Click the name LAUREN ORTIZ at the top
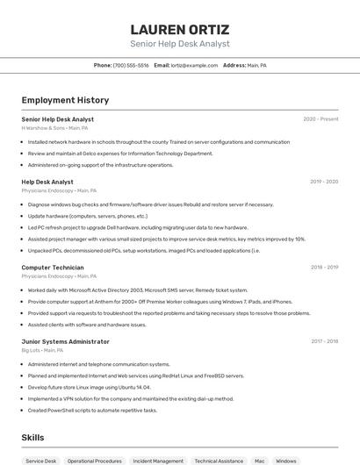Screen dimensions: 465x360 (179, 29)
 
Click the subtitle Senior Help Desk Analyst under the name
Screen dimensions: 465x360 (179, 44)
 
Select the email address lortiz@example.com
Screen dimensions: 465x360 (194, 65)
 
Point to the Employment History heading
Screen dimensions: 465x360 (65, 100)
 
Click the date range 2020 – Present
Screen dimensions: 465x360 (320, 119)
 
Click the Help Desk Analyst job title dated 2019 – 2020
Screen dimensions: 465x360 (47, 182)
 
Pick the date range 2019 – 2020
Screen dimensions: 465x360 (324, 182)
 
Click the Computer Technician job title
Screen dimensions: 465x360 (53, 267)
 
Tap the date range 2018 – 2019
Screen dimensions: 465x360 (324, 267)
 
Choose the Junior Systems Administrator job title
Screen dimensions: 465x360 (66, 341)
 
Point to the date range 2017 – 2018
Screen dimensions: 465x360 (324, 341)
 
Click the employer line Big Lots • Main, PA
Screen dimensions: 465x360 (42, 350)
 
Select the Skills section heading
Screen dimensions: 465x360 (32, 437)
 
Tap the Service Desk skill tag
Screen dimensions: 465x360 (40, 461)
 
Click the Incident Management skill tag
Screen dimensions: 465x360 (158, 461)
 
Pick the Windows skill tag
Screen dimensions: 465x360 (285, 461)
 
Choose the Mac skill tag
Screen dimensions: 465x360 (259, 461)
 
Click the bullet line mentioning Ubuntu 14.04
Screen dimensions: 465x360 (90, 387)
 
